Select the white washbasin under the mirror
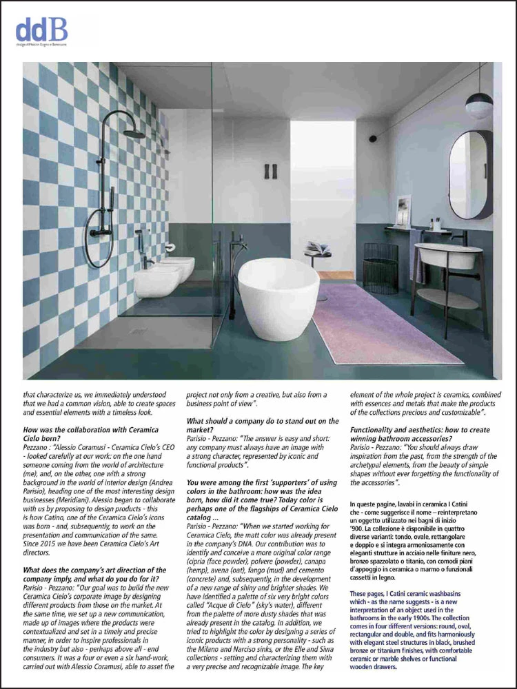tap(449, 255)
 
